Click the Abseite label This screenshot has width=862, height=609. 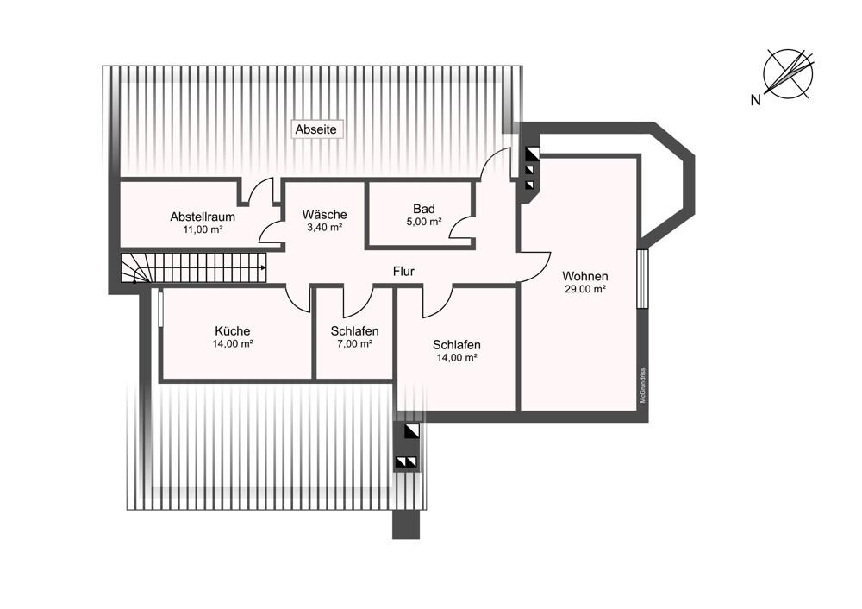tap(316, 129)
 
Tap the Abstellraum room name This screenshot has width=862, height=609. tap(203, 217)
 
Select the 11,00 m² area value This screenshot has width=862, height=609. tap(203, 229)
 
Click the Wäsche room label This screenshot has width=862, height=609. tap(324, 214)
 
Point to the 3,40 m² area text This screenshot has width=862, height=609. tap(324, 227)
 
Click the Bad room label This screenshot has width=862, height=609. tap(424, 209)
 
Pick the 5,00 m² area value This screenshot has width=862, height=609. tap(424, 222)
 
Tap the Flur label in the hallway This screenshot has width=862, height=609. tap(403, 271)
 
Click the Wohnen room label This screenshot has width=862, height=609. tap(585, 276)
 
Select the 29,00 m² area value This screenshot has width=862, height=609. tap(585, 289)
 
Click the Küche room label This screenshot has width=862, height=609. tap(233, 330)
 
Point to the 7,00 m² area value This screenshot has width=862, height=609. tap(354, 344)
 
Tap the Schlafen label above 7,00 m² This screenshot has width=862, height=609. tap(354, 331)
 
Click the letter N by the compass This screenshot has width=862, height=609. tap(756, 100)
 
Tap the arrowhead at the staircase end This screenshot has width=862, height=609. tap(264, 268)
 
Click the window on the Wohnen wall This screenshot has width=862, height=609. tap(643, 279)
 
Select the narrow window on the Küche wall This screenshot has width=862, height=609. tap(160, 308)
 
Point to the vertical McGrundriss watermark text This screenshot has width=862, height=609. tap(643, 385)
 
